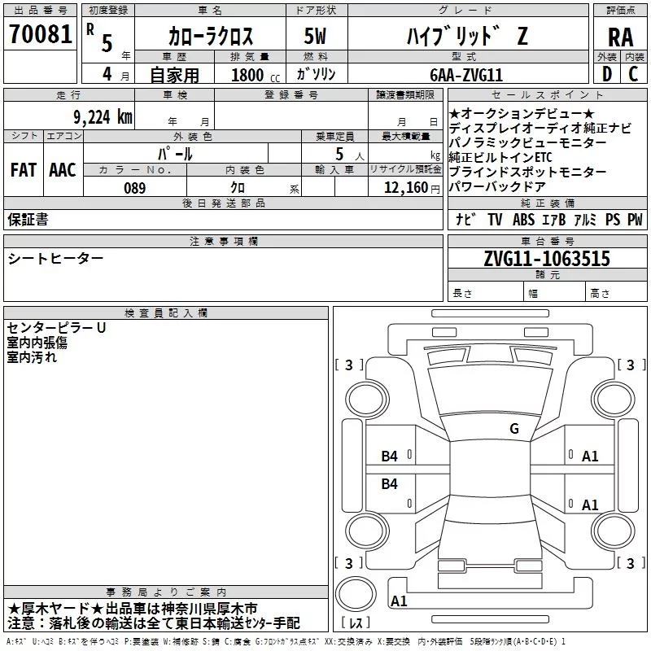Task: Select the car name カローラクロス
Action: tap(210, 37)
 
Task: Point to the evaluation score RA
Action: tap(620, 37)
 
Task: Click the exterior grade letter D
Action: tap(606, 74)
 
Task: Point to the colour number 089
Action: tap(135, 188)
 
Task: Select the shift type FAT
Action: tap(23, 169)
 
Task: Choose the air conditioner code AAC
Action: tap(62, 169)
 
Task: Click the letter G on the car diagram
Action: tap(513, 428)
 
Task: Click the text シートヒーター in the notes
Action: tap(56, 258)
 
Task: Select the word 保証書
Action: tap(28, 219)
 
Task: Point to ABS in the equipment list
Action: tap(524, 219)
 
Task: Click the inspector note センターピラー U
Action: tap(56, 328)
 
